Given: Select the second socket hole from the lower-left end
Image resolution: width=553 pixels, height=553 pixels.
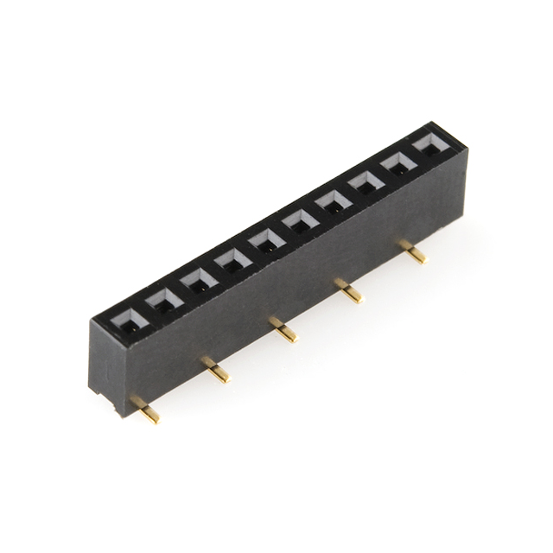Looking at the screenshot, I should (164, 302).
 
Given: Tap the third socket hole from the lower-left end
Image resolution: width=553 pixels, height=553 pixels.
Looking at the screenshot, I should (199, 281).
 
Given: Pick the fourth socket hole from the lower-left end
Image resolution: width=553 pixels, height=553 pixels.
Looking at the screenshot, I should (232, 260).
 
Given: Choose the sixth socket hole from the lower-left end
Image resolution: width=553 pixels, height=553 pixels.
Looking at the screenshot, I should (299, 222).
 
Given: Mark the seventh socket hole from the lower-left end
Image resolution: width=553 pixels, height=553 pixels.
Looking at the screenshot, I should (332, 203).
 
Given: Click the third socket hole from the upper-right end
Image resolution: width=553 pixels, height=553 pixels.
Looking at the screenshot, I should (364, 183).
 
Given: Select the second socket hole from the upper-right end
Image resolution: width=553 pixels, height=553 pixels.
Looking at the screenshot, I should (397, 164).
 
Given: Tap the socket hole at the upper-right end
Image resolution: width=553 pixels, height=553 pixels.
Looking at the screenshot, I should (429, 144).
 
